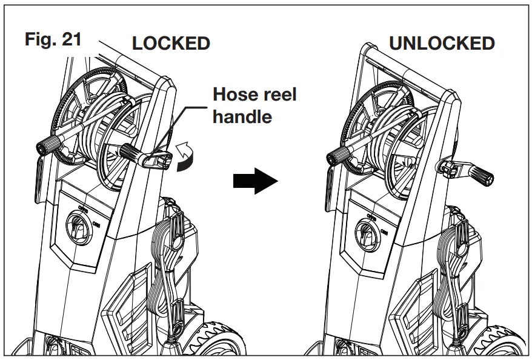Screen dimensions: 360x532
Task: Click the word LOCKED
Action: coord(171,44)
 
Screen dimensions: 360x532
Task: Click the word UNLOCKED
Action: coord(442,44)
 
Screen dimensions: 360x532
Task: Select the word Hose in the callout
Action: coord(237,95)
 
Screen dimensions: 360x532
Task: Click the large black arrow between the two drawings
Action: coord(254,181)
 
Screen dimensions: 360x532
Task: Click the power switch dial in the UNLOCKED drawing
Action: coord(367,232)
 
